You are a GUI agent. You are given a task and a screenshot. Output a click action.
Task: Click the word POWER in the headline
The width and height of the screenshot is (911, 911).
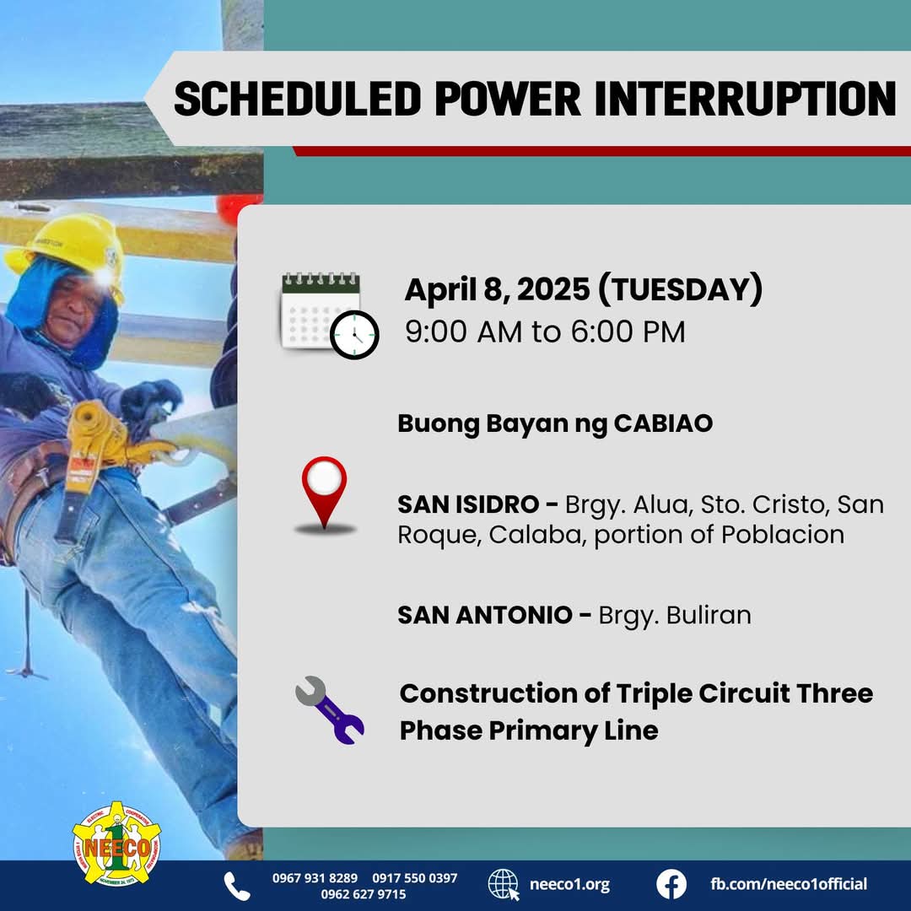tap(508, 99)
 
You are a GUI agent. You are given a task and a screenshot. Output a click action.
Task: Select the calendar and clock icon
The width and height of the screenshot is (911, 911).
tap(330, 315)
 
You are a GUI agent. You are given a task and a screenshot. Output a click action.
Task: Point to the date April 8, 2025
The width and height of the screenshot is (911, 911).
tap(497, 289)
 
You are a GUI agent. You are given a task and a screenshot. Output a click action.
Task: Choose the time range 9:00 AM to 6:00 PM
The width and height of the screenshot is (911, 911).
tap(545, 332)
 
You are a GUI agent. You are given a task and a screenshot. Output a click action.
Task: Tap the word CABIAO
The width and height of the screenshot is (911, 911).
tap(663, 423)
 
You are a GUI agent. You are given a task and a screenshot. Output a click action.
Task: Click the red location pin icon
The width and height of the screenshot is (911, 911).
tap(324, 493)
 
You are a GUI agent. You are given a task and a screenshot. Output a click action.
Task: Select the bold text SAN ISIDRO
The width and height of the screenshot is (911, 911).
tap(468, 504)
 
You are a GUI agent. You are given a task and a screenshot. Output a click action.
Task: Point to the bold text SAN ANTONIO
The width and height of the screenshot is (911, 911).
tap(485, 615)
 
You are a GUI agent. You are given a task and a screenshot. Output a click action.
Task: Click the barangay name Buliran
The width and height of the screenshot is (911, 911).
tap(709, 615)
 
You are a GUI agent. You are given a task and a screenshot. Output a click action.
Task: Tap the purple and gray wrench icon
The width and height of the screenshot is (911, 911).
tap(330, 710)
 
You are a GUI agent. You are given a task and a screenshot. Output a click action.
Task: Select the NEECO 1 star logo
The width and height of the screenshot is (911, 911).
tap(116, 844)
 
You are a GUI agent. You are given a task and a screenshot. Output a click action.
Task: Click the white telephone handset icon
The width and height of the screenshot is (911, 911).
tap(237, 886)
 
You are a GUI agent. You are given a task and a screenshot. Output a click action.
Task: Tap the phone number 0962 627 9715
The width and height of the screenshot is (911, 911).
tap(363, 894)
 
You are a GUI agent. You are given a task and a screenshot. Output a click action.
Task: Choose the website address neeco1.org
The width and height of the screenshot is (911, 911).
tap(569, 884)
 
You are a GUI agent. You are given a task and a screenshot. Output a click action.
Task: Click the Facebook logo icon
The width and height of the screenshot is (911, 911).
tap(671, 884)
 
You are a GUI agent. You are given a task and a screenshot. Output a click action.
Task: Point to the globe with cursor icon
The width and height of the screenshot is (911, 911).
tap(504, 885)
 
